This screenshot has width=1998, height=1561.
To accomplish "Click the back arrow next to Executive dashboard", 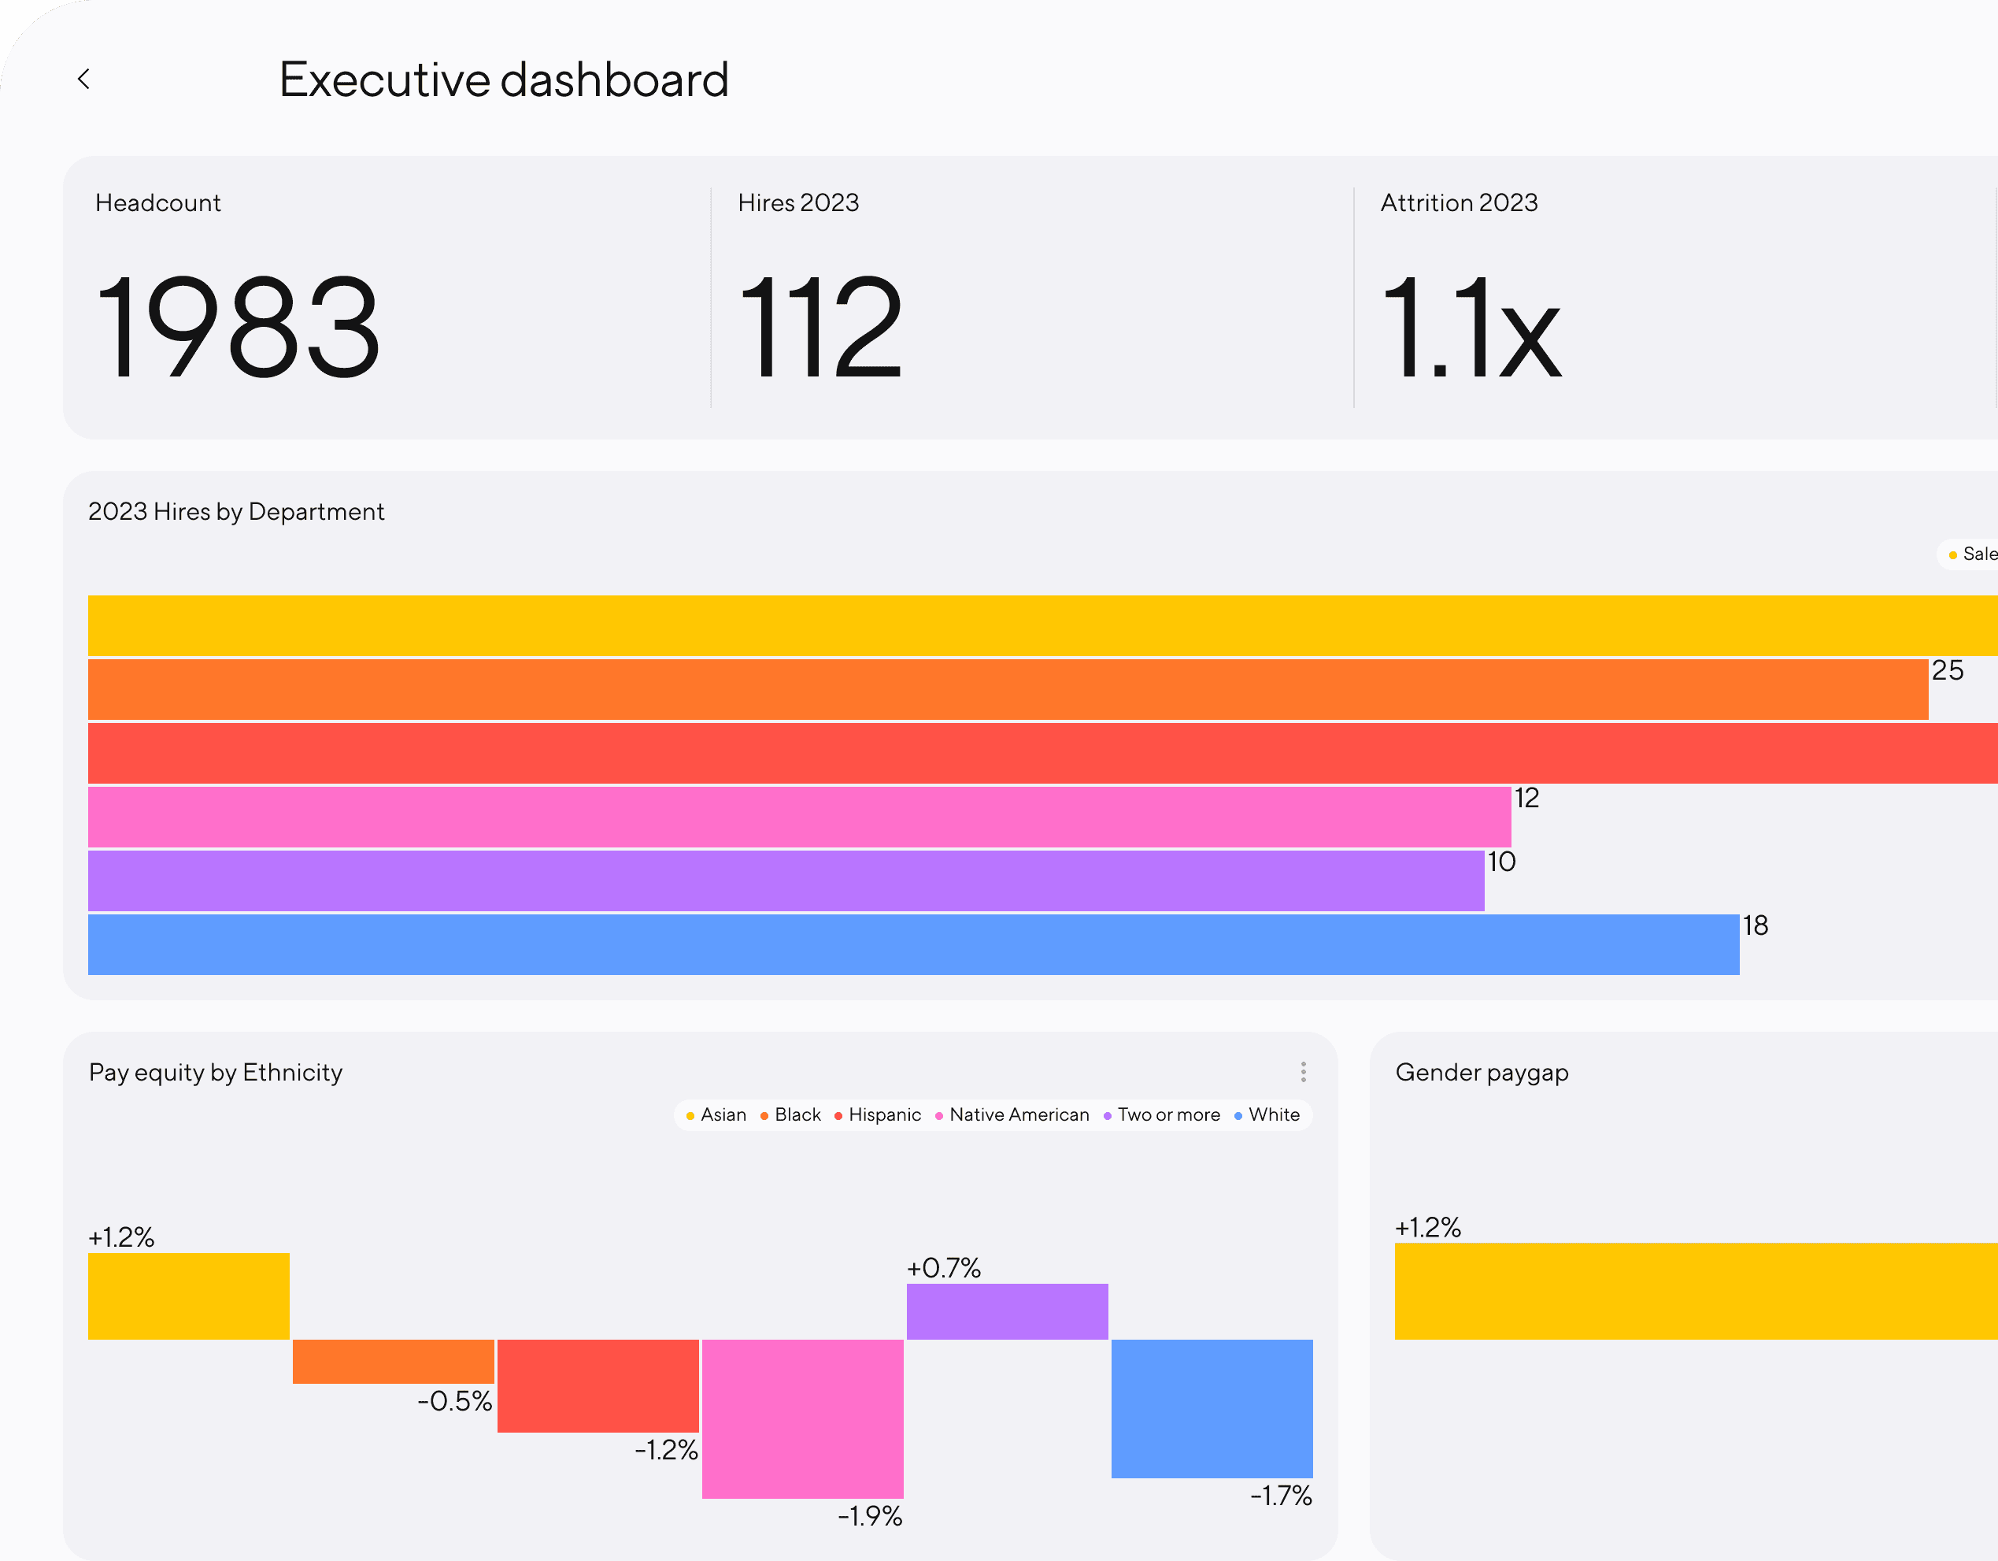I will (83, 80).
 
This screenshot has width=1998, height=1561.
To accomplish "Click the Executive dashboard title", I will (503, 80).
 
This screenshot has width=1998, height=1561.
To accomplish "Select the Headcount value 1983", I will (237, 327).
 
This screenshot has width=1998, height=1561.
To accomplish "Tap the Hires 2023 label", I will (797, 202).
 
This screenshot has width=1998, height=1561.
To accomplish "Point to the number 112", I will (820, 327).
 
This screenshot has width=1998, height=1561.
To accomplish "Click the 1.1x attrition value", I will (1470, 327).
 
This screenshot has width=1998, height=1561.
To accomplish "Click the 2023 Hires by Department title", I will (236, 511).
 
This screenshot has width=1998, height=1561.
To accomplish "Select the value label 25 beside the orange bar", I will (1947, 671).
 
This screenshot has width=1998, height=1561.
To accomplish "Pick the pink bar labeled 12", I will (799, 817).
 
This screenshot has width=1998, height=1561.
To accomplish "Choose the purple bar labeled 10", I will (785, 881).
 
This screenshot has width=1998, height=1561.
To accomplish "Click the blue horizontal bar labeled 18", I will (913, 944).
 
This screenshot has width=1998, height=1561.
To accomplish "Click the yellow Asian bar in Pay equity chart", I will (188, 1296).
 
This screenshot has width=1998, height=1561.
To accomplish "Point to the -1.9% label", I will (869, 1516).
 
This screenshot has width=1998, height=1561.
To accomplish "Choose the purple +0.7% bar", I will (1006, 1311).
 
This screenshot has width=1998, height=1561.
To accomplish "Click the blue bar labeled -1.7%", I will (1212, 1408).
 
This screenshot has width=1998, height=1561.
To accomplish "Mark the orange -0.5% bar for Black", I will (394, 1361).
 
